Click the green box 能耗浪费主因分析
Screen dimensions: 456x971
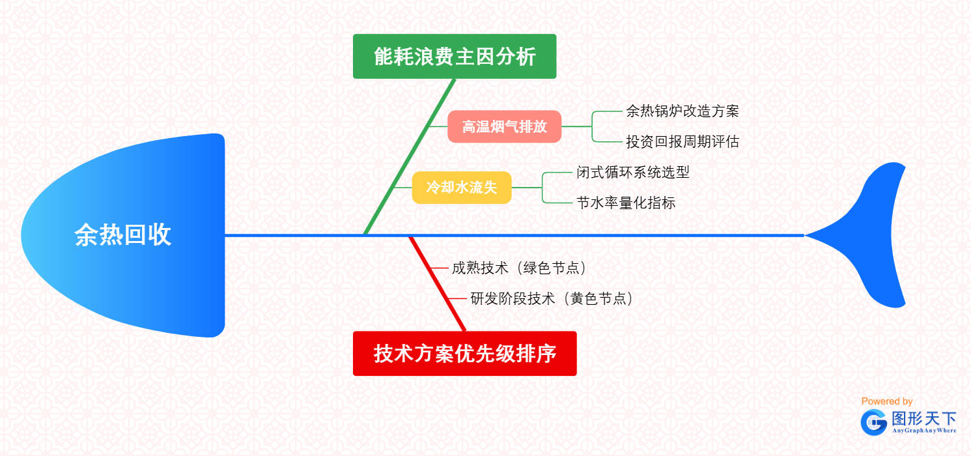(455, 57)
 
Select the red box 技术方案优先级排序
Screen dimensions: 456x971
(464, 354)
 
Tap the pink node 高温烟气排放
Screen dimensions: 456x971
(504, 126)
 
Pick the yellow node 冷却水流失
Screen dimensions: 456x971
(462, 188)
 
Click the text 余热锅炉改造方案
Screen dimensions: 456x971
(683, 111)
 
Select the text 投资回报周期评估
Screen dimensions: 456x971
(683, 141)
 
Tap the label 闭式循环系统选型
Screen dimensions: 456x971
(633, 172)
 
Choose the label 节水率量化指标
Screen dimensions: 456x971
(626, 203)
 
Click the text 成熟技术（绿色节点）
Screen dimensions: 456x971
(520, 268)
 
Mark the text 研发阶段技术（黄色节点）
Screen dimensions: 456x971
(552, 298)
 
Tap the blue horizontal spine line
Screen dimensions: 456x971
(586, 235)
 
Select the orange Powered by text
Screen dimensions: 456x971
(886, 401)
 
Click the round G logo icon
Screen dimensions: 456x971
(873, 423)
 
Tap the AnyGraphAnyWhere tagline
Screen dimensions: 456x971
(923, 431)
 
